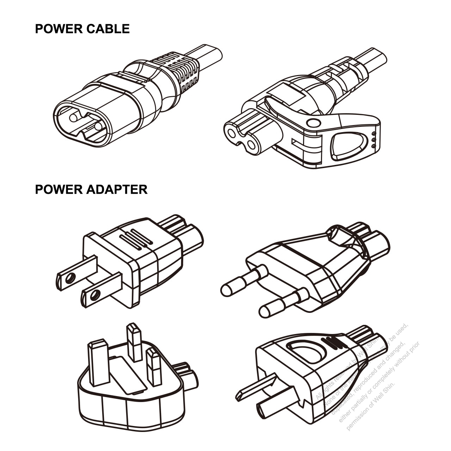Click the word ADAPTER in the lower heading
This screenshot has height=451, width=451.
[x=116, y=190]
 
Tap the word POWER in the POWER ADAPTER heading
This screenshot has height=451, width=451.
[x=58, y=190]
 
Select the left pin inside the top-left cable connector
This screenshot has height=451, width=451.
[x=75, y=117]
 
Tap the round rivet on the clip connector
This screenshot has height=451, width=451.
[x=313, y=123]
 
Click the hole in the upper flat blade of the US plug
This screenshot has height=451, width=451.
[x=69, y=278]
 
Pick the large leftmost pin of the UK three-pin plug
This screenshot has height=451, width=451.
[x=99, y=363]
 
